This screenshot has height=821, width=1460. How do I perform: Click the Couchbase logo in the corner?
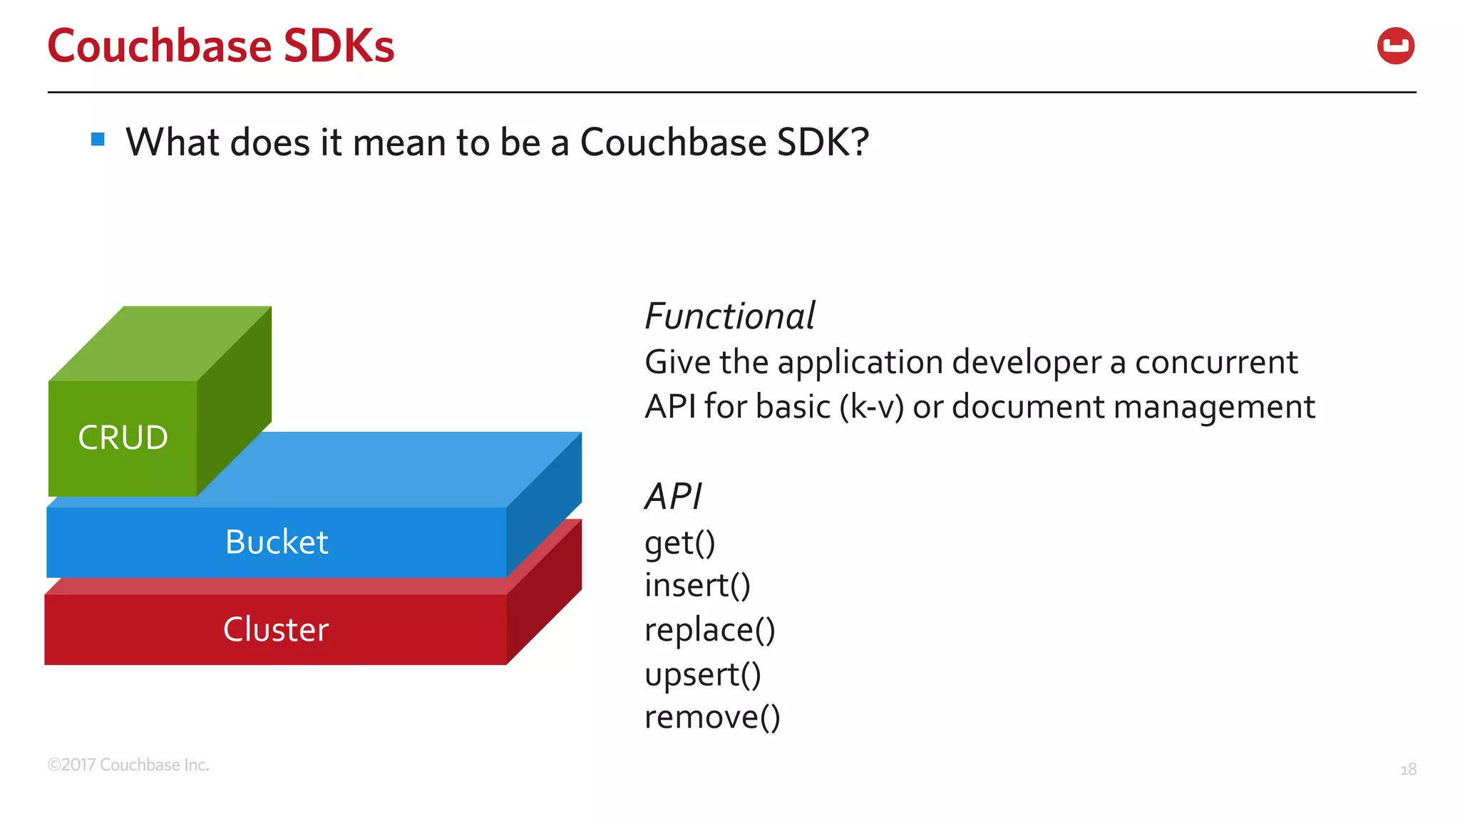[1395, 46]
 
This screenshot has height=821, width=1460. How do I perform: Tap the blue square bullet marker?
[98, 139]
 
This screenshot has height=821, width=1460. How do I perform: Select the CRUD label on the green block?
[123, 438]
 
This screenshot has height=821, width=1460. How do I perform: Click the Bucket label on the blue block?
[277, 542]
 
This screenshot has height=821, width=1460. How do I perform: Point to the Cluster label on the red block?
[276, 630]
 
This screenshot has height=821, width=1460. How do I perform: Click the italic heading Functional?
[729, 316]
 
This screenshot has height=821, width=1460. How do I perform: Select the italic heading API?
[673, 497]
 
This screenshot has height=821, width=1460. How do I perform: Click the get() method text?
[679, 544]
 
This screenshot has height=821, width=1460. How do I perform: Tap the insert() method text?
[697, 586]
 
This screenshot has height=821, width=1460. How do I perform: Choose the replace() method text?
[709, 631]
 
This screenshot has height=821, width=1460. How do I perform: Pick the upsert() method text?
[702, 675]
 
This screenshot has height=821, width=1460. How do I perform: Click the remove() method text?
[712, 718]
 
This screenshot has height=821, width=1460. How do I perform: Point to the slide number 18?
[1408, 770]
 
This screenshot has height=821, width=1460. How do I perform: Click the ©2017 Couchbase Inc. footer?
[128, 765]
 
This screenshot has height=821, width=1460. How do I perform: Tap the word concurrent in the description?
[1215, 363]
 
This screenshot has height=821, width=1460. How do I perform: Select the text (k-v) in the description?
[871, 407]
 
